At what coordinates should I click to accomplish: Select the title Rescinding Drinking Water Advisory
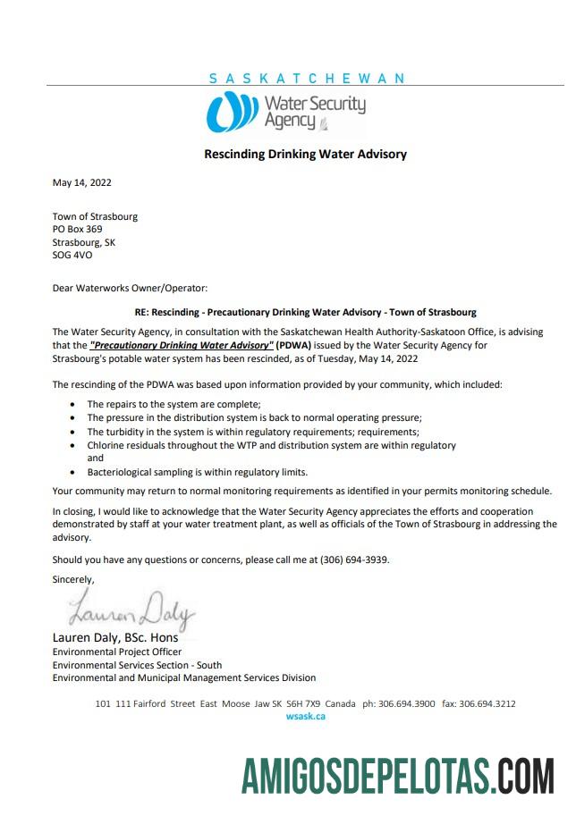(305, 154)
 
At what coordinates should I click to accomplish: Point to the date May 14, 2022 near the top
(82, 182)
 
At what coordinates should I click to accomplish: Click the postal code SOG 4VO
(72, 255)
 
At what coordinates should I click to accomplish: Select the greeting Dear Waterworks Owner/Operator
(130, 288)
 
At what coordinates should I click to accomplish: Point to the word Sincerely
(73, 579)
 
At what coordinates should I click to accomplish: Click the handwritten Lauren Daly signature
(131, 612)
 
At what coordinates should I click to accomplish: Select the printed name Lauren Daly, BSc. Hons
(115, 638)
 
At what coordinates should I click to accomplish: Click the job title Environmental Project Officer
(116, 652)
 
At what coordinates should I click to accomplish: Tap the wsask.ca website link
(305, 716)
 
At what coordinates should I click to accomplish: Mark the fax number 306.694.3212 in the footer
(487, 703)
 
